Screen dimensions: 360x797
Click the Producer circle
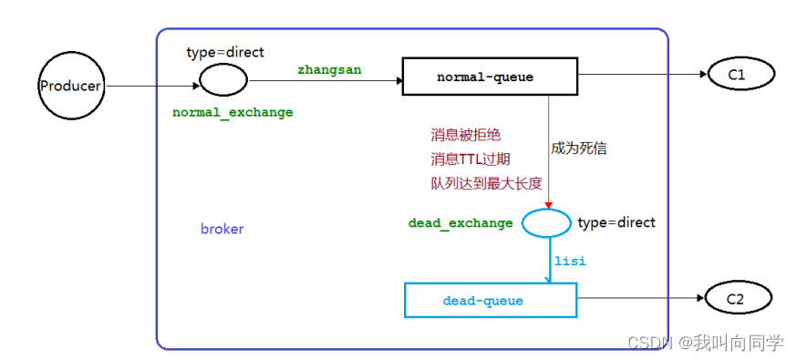point(70,87)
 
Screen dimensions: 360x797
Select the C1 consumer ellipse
point(737,75)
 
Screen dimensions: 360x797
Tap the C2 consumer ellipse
point(737,298)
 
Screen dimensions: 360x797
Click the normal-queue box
point(490,77)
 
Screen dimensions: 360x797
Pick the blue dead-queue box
point(490,300)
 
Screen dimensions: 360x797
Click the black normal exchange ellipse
point(223,81)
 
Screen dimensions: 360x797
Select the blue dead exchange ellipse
point(546,222)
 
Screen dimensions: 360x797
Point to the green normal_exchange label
point(233,112)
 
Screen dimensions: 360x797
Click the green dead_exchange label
point(461,223)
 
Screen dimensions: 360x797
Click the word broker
point(222,229)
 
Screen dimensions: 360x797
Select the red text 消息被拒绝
point(465,135)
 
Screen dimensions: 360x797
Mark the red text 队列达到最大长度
point(486,183)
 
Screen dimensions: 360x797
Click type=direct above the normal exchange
point(224,52)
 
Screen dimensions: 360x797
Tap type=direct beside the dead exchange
point(616,222)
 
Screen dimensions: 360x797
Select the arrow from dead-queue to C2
point(638,298)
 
